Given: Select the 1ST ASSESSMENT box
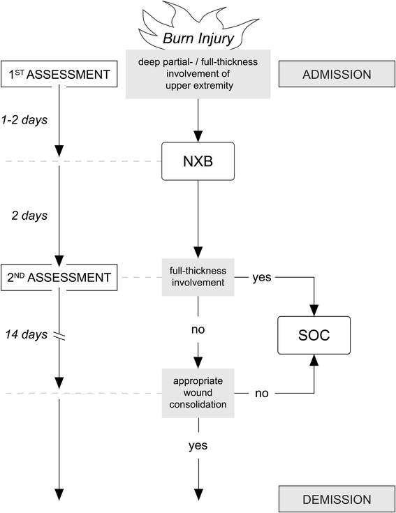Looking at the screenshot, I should coord(59,73).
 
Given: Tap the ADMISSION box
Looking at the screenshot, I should coord(337,73).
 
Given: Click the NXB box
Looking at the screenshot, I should coord(198,162).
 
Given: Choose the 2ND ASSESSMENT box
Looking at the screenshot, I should coord(59,277).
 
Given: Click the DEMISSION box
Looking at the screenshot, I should coord(337,499).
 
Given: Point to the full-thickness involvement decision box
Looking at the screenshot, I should coord(198,277).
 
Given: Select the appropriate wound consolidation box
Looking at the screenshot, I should coord(198,393).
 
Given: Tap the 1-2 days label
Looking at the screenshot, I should coord(24,119).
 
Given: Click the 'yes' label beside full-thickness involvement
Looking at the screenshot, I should coord(261,277).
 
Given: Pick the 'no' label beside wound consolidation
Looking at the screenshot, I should coord(261,393).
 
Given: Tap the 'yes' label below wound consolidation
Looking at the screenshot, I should coord(198,444).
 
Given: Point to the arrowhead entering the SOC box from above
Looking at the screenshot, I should coord(313,307).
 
